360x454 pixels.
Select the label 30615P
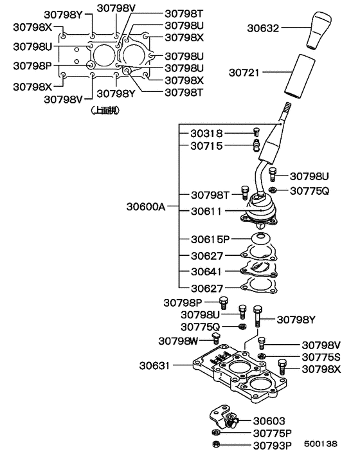pos(210,239)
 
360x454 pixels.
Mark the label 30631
pos(155,366)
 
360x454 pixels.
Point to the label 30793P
pos(273,444)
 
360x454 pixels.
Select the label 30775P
pos(273,433)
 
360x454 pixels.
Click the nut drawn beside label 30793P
pos(215,444)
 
